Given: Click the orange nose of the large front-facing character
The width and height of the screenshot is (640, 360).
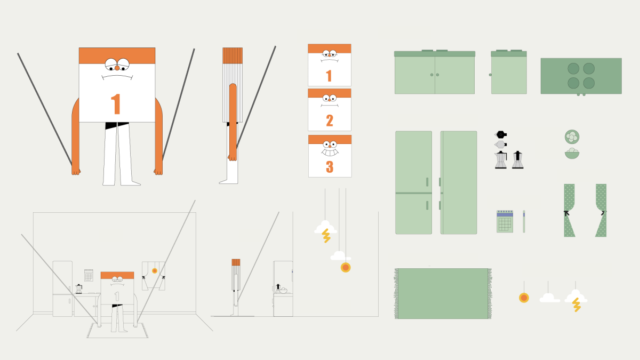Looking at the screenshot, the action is [x=117, y=68].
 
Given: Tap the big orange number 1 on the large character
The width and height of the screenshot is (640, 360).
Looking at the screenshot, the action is [x=116, y=104].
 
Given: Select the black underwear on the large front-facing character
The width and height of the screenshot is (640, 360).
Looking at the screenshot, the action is [x=117, y=125].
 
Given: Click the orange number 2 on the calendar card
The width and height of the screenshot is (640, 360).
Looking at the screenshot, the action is [x=330, y=121].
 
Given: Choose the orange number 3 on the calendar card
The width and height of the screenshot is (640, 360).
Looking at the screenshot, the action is [x=330, y=167].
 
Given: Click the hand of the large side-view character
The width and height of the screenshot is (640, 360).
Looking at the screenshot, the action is [x=233, y=157].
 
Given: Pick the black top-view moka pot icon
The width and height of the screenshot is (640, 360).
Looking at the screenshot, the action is [x=501, y=134].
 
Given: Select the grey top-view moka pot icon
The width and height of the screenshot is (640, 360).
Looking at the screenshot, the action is [x=501, y=145].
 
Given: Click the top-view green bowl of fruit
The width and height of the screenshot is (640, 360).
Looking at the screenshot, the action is [x=572, y=137].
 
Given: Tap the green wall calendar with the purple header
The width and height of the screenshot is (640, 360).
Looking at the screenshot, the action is [x=505, y=221].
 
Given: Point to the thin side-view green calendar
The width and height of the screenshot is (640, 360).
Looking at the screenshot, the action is [x=524, y=221].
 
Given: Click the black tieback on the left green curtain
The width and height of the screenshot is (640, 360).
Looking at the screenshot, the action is [x=566, y=213].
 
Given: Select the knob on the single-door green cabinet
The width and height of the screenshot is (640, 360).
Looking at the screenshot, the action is [x=490, y=75].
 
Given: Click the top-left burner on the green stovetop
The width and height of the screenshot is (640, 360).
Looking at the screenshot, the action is [x=573, y=69].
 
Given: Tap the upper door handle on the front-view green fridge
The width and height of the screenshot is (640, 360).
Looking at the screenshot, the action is [x=427, y=182].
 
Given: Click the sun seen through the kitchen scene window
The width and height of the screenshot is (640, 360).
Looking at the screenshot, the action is [x=155, y=270].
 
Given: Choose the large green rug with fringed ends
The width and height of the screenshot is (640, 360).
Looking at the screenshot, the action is [x=443, y=293].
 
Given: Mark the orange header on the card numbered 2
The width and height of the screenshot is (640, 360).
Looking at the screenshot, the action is [x=330, y=93].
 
